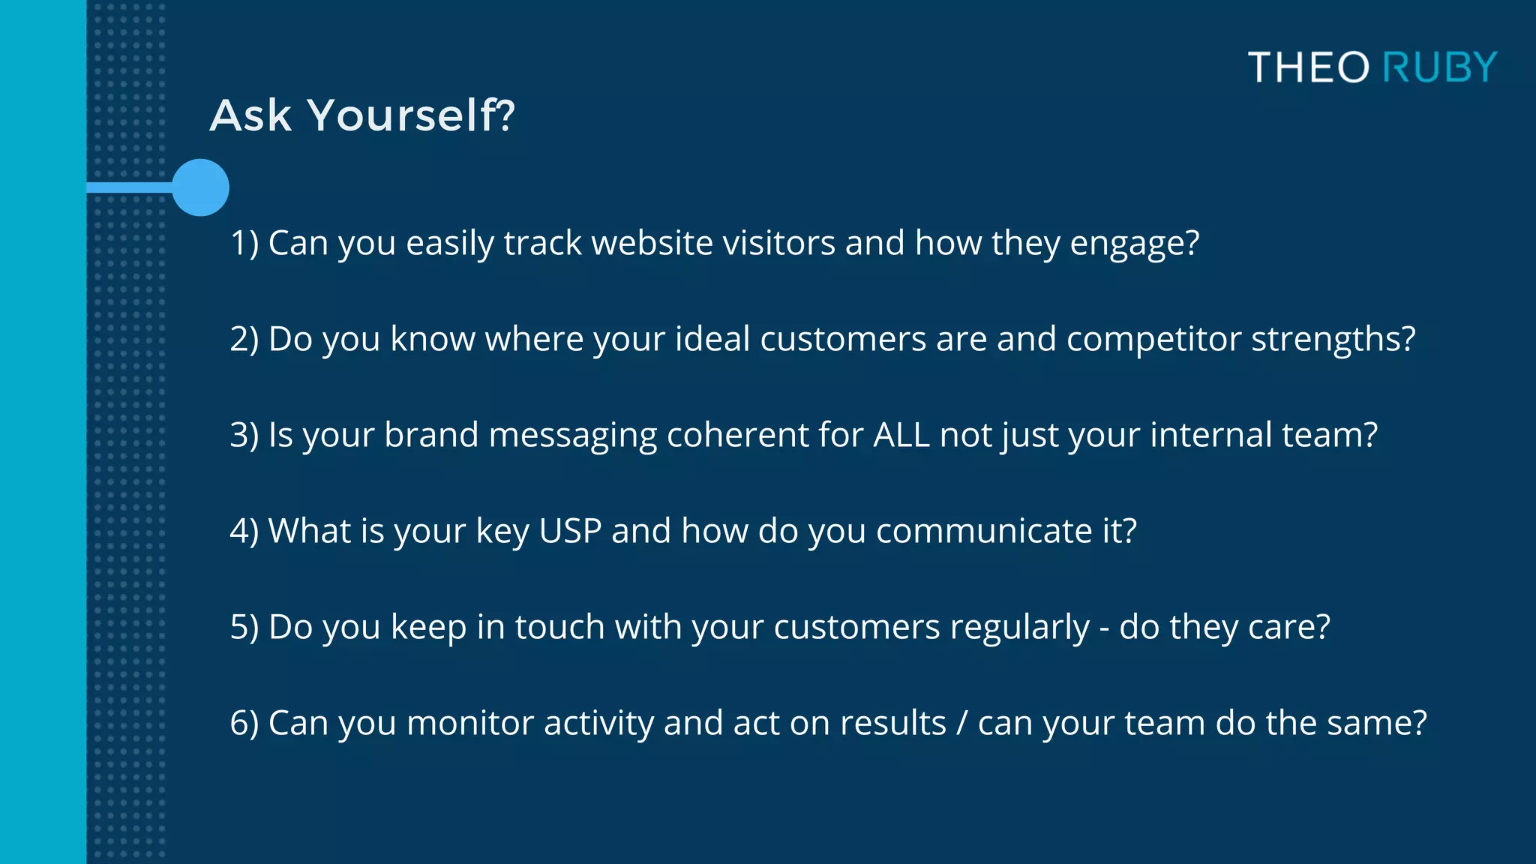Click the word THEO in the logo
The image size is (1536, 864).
pos(1309,67)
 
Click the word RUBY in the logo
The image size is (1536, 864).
pos(1439,67)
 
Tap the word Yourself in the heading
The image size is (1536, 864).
pos(410,115)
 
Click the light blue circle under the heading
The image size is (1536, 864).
pos(200,187)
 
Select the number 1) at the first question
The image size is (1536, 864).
pos(244,243)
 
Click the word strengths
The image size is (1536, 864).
pos(1332,339)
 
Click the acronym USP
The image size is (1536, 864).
pos(570,531)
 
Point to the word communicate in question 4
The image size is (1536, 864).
pos(983,531)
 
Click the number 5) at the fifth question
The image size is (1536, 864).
pos(244,627)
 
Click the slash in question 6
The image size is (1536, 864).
pos(962,723)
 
